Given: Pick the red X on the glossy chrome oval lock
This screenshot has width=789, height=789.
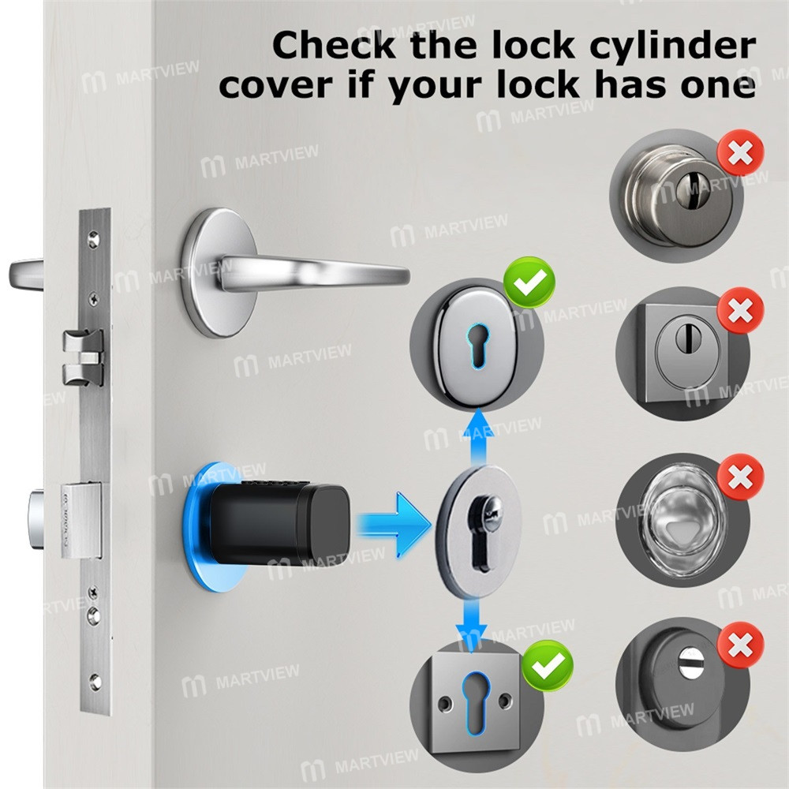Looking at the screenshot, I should [739, 476].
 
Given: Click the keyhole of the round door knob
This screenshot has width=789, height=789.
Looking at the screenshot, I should [681, 188].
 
